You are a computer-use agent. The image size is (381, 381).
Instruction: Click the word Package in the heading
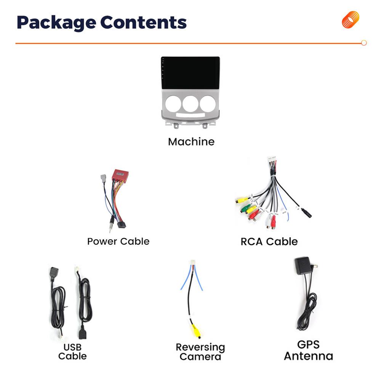click(x=56, y=23)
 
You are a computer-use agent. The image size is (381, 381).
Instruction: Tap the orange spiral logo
click(x=351, y=20)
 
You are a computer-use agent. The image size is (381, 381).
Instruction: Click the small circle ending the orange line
click(x=364, y=43)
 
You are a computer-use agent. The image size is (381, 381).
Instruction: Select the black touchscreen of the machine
click(x=191, y=73)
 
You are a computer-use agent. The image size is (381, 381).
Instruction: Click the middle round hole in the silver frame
click(x=190, y=104)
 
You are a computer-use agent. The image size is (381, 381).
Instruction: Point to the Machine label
click(x=191, y=142)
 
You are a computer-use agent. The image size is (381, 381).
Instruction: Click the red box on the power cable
click(x=120, y=175)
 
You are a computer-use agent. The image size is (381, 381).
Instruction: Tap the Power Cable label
click(x=118, y=241)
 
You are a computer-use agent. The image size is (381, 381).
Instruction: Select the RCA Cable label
click(x=269, y=242)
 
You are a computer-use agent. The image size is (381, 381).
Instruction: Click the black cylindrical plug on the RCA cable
click(x=306, y=213)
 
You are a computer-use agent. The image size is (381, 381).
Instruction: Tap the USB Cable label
click(x=72, y=352)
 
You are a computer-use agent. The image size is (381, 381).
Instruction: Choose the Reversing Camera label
click(x=200, y=352)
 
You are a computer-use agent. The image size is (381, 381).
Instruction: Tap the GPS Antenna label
click(x=308, y=351)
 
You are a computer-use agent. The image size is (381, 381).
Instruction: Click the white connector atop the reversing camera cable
click(x=192, y=263)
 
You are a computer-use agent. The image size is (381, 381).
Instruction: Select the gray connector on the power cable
click(x=103, y=179)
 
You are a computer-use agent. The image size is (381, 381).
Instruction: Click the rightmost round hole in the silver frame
click(x=208, y=104)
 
